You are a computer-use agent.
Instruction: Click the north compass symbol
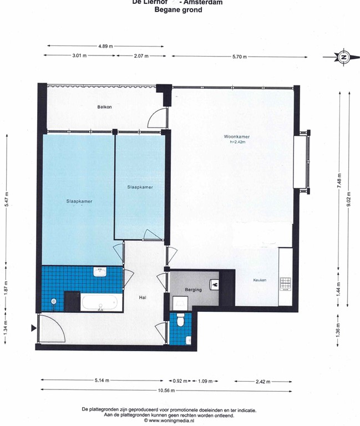coord(344,57)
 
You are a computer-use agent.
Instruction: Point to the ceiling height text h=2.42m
coord(237,142)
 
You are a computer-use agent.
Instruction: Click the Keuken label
coord(260,280)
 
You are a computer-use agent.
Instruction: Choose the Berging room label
coord(194,290)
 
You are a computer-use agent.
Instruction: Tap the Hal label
coord(143,298)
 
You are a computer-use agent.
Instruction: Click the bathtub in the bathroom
coord(100,303)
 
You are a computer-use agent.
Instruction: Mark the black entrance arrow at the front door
coord(33,328)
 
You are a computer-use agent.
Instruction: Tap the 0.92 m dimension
coord(178,381)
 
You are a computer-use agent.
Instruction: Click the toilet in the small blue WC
coord(180,321)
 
